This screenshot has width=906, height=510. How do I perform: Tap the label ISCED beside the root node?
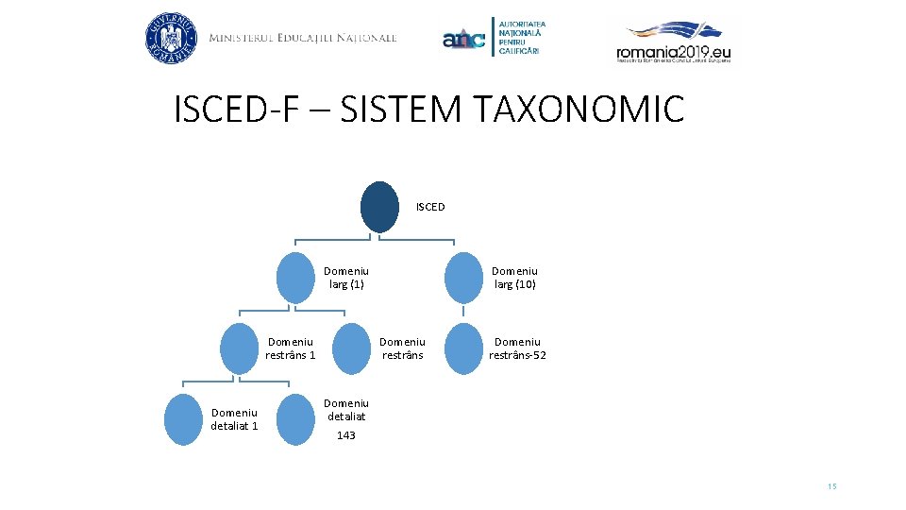(430, 206)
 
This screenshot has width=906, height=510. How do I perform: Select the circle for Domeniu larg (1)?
(294, 278)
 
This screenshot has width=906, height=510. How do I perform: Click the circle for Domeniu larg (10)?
(462, 278)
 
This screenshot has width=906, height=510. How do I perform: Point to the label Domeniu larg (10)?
(515, 278)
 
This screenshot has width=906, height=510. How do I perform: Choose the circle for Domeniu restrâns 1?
(238, 348)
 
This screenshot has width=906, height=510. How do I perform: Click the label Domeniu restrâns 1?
(291, 348)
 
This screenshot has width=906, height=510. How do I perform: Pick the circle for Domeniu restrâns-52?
(462, 348)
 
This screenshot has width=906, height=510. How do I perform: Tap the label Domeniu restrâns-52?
(517, 348)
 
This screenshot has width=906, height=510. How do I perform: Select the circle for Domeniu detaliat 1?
(183, 419)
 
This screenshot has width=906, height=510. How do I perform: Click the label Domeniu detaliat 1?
(234, 419)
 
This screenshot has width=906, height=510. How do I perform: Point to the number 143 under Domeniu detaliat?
(346, 435)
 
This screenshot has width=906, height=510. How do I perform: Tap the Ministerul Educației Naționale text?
(303, 39)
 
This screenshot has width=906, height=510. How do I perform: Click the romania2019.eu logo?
(674, 42)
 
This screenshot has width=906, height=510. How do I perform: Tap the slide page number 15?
(831, 486)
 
